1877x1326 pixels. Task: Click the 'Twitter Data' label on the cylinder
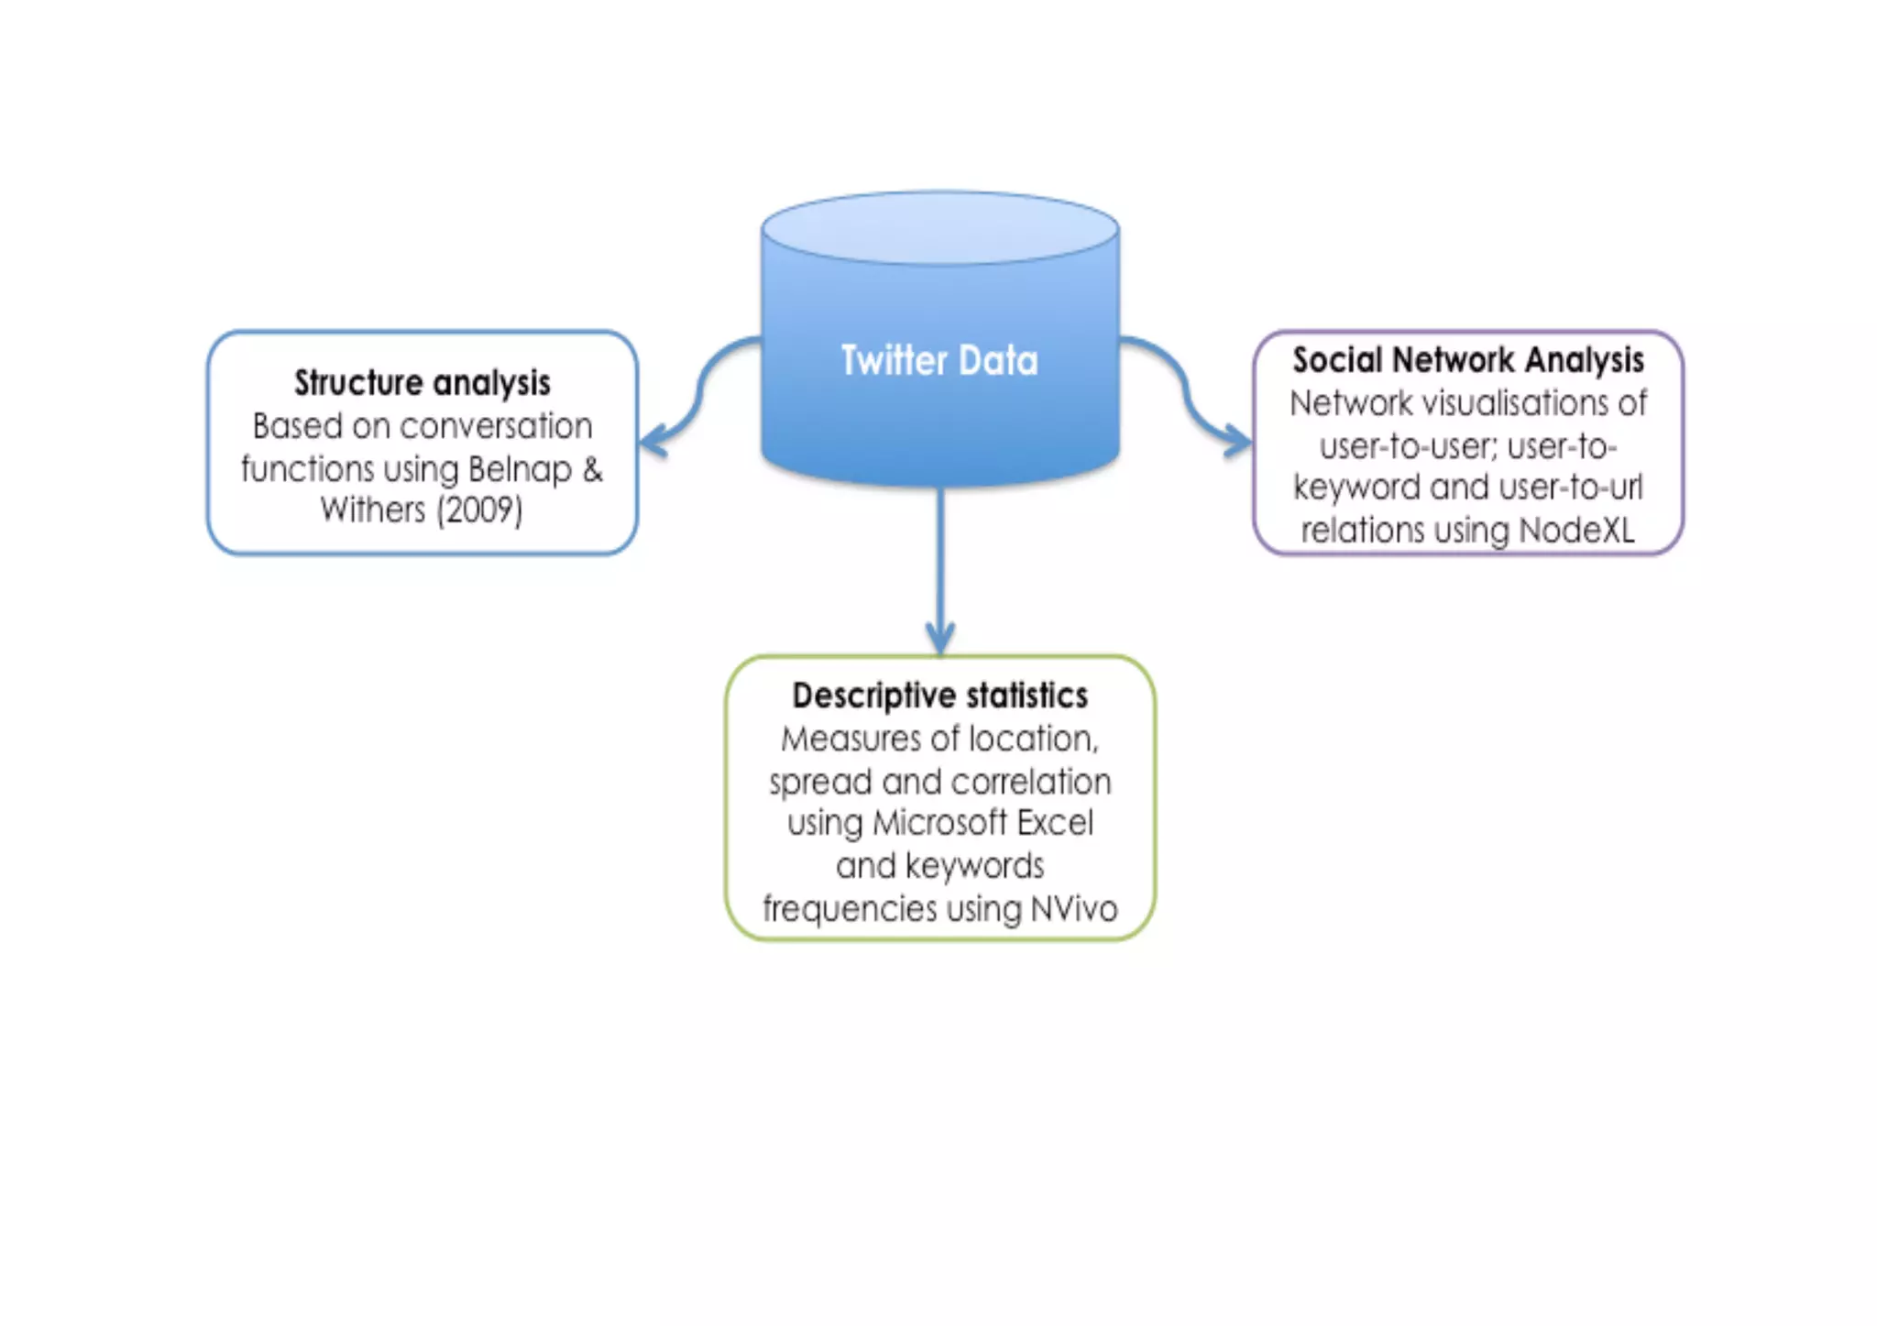(939, 360)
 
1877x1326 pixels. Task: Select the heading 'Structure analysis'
(422, 383)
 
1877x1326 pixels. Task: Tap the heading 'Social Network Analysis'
(1467, 360)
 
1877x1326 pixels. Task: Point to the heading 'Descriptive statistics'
(939, 696)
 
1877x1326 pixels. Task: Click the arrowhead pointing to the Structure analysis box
(652, 441)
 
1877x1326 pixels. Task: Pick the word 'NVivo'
(1073, 909)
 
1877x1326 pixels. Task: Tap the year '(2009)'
(479, 510)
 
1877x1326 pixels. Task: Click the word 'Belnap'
(520, 469)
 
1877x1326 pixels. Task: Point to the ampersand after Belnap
(592, 469)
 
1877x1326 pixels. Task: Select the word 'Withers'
(372, 510)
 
